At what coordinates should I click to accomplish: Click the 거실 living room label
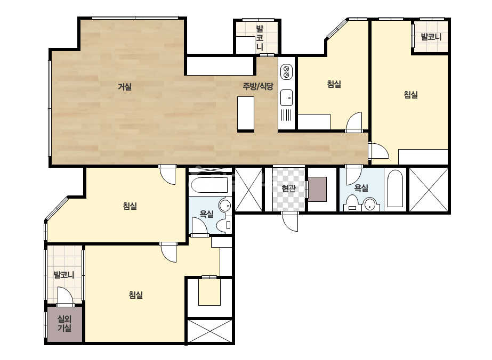[x=125, y=87]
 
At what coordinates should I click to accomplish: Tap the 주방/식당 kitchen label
[x=258, y=86]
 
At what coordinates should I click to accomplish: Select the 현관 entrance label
[x=288, y=188]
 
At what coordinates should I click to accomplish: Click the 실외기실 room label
[x=64, y=324]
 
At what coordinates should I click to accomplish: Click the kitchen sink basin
[x=286, y=98]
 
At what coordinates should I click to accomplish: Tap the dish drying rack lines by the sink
[x=286, y=115]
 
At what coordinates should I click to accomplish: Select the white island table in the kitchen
[x=246, y=114]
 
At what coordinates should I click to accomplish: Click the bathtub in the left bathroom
[x=209, y=185]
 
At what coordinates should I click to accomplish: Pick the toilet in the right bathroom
[x=352, y=204]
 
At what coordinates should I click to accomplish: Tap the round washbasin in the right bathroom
[x=370, y=204]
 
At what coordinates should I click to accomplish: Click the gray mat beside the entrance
[x=317, y=189]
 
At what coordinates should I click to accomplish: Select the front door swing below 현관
[x=289, y=222]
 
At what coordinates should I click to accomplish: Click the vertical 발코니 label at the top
[x=260, y=38]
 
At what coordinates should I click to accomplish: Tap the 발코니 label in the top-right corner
[x=431, y=37]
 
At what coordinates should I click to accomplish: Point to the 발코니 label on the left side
[x=64, y=275]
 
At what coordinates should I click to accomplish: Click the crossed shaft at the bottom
[x=210, y=331]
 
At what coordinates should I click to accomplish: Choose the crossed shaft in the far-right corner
[x=429, y=190]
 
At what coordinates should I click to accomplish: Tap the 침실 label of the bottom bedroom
[x=136, y=295]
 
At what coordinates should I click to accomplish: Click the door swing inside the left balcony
[x=65, y=296]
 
